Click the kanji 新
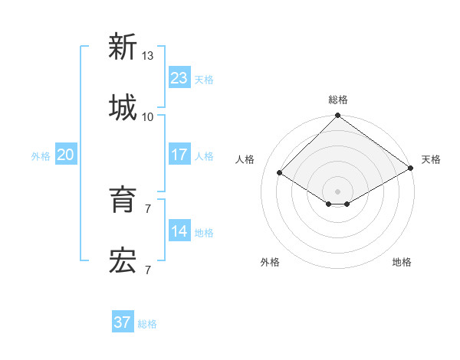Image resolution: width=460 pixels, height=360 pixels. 123,47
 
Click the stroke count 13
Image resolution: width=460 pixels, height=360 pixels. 148,56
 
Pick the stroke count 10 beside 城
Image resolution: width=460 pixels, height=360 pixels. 148,116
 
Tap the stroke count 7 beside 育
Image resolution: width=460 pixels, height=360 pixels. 148,208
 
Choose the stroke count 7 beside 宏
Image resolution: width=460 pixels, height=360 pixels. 148,270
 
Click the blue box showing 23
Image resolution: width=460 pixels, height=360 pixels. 179,78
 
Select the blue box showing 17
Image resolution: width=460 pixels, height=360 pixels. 179,155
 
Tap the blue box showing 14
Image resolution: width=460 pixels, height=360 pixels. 179,231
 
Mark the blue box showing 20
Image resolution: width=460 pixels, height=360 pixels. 66,155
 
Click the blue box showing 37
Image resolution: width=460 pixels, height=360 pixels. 123,322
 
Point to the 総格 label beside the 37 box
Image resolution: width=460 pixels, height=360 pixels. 147,324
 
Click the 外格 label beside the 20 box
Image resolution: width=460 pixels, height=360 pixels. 41,155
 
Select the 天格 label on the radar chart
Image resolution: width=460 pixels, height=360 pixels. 431,159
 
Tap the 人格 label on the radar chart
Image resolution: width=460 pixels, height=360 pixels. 245,159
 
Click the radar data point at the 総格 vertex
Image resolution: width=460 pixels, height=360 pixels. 337,116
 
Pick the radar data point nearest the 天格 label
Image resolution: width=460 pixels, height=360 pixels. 411,169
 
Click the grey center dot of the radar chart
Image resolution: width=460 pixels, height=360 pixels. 337,191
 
